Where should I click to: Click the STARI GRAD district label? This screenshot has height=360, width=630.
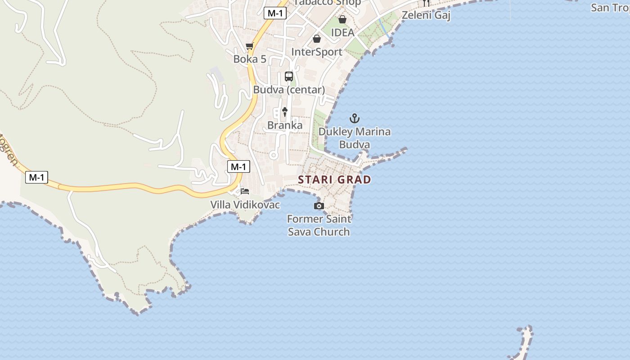tap(334, 180)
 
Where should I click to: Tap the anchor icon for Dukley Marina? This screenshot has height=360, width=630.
tap(355, 119)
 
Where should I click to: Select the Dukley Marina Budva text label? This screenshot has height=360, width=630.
tap(355, 138)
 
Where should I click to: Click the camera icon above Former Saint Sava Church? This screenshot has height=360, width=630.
tap(319, 206)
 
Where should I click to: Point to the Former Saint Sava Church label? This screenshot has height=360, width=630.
tap(319, 225)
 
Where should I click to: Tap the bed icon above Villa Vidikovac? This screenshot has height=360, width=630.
tap(245, 191)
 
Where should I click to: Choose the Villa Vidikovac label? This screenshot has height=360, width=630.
tap(245, 205)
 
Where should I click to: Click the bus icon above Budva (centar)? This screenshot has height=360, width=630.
tap(289, 76)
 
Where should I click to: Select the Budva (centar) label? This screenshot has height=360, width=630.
tap(289, 90)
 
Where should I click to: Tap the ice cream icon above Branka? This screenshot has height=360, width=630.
tap(284, 112)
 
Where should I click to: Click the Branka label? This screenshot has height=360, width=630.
tap(285, 125)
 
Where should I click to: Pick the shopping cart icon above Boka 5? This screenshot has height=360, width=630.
tap(250, 46)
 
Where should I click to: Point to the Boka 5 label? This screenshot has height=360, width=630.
tap(250, 59)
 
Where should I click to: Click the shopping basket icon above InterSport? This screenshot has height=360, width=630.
tap(317, 39)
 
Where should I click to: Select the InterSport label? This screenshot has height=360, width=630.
tap(317, 52)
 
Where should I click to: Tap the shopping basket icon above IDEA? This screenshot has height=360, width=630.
tap(342, 19)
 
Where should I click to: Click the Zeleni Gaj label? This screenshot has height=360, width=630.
tap(426, 15)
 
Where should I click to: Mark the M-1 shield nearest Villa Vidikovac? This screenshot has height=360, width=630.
tap(238, 167)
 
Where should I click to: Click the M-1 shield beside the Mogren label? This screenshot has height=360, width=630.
tap(36, 177)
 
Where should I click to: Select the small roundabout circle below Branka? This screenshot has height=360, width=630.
tap(273, 155)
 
